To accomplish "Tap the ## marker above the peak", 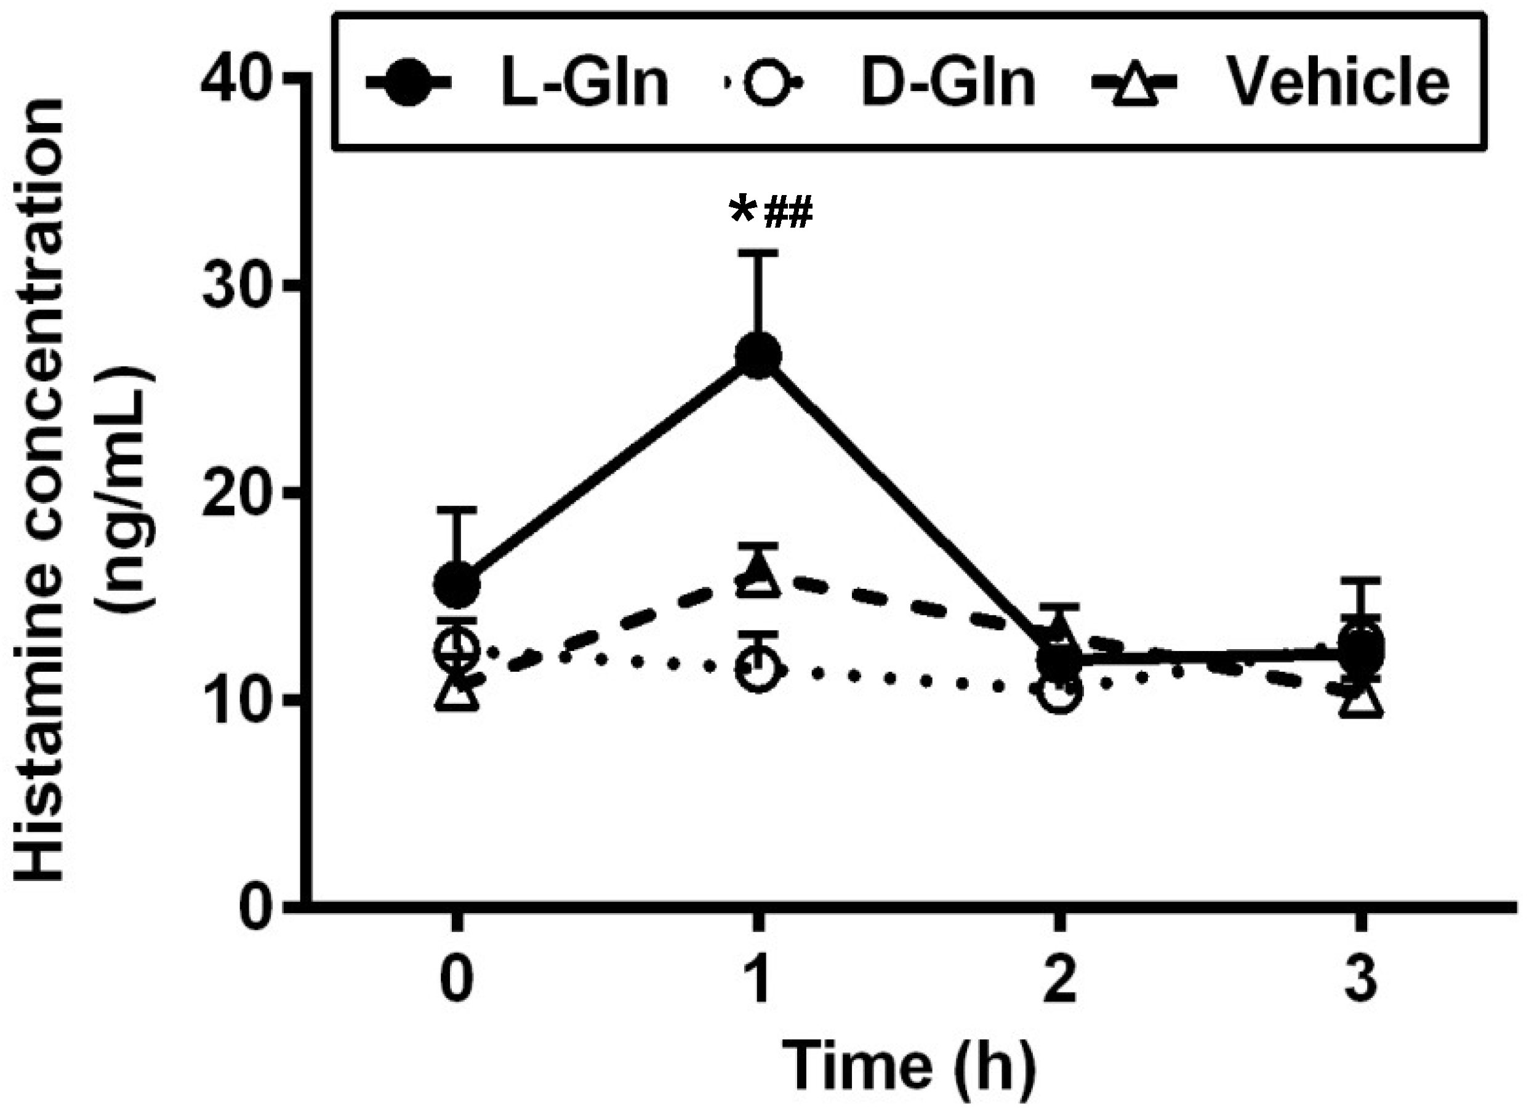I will (x=787, y=213).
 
